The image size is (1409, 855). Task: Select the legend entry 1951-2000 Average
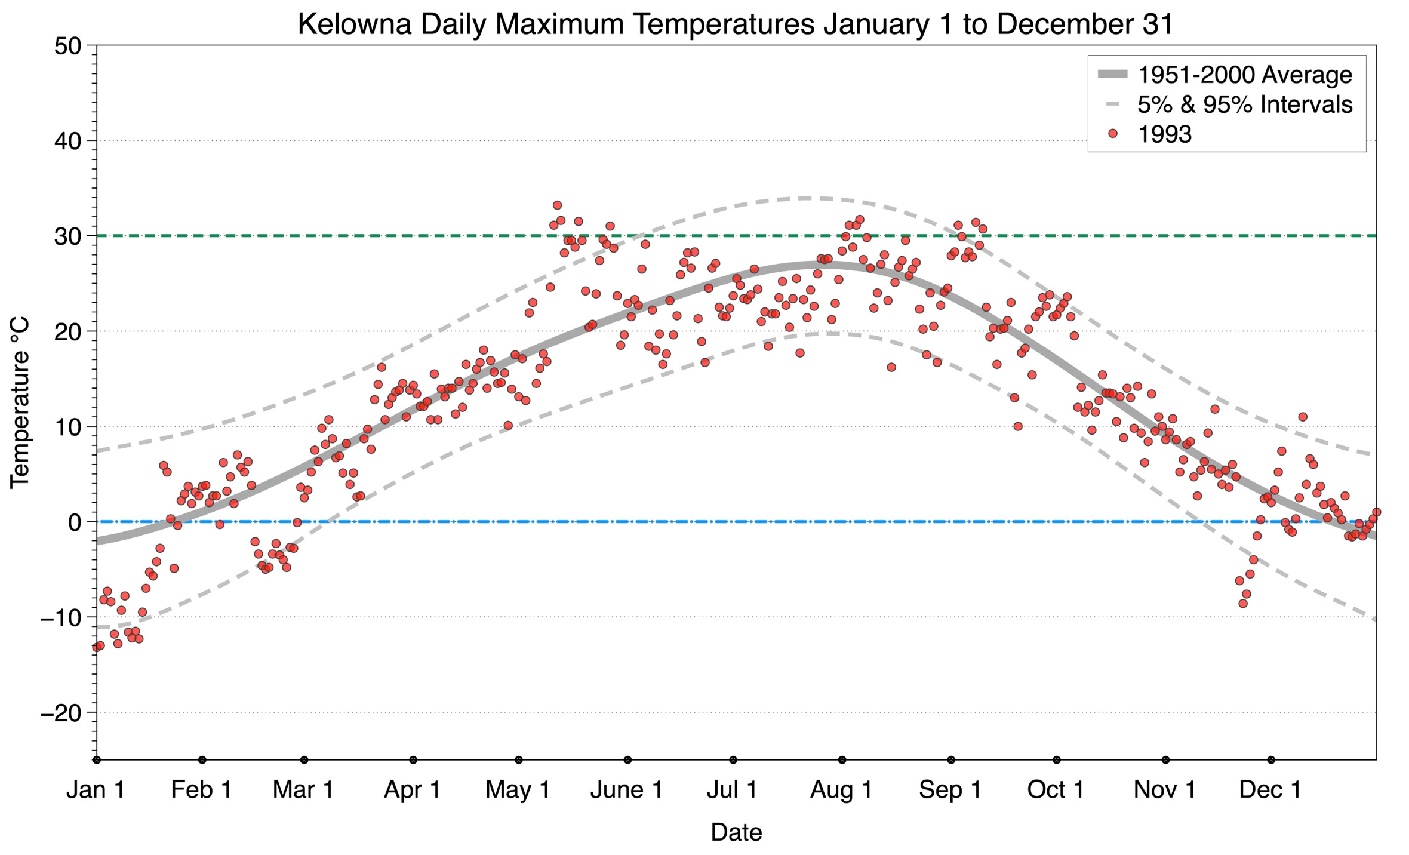tap(1245, 75)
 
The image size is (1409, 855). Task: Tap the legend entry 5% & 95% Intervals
tap(1245, 104)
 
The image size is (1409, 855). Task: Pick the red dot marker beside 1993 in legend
tap(1113, 134)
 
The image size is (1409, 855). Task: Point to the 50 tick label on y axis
tap(67, 46)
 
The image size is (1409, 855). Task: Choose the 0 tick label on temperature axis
tap(75, 522)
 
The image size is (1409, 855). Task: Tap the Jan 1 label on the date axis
tap(96, 790)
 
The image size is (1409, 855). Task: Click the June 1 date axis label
tap(626, 790)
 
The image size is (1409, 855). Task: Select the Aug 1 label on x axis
tap(841, 790)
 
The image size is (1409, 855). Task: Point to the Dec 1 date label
tap(1270, 790)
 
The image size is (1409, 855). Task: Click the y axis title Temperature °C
tap(20, 402)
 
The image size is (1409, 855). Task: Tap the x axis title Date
tap(736, 832)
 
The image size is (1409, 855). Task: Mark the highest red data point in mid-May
tap(557, 205)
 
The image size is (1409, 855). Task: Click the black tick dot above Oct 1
tap(1057, 760)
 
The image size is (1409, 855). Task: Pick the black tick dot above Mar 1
tap(304, 760)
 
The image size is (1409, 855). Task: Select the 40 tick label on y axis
tap(67, 142)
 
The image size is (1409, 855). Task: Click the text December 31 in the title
tap(1085, 24)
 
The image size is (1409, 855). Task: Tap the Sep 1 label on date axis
tap(950, 790)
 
